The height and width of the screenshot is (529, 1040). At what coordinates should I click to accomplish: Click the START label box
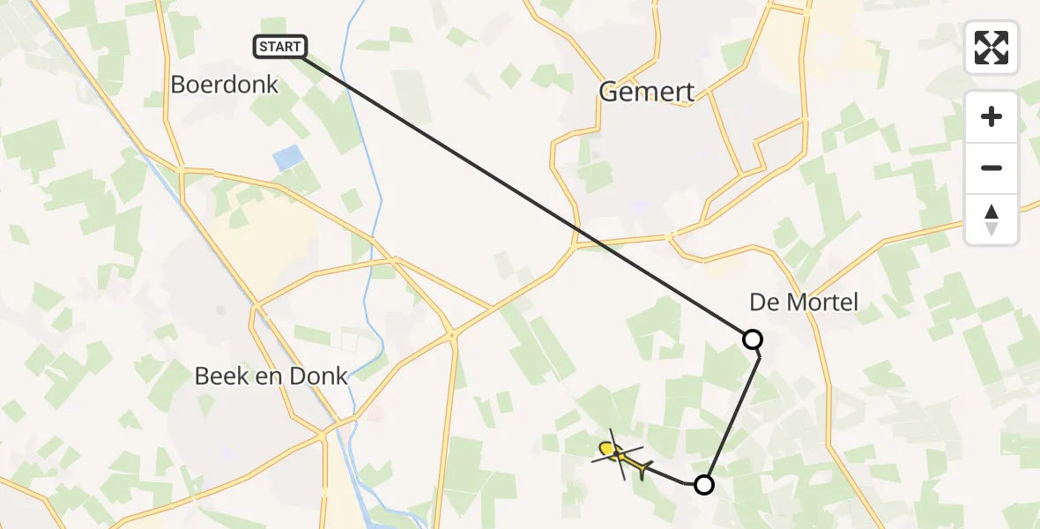coord(280,47)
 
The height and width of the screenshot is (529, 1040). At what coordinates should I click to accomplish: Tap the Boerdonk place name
coord(224,85)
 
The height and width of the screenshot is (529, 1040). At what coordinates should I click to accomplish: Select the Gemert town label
coord(646,92)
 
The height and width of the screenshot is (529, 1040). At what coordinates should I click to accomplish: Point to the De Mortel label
coord(803,303)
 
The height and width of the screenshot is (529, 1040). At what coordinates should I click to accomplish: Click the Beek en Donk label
coord(271,376)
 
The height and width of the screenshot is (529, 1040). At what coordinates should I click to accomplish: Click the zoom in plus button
coord(992,116)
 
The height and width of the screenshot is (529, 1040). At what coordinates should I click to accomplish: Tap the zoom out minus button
coord(992,168)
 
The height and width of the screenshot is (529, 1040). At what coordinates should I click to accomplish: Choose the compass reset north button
coord(992,220)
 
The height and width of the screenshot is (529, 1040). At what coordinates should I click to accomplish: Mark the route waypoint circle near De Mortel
coord(752,339)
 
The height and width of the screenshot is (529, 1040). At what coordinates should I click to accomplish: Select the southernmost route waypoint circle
coord(703,484)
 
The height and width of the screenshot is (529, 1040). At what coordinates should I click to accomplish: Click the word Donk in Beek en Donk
coord(321,376)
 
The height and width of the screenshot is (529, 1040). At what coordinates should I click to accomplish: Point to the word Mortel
coord(824,303)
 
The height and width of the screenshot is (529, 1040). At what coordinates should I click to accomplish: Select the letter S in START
coord(264,47)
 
